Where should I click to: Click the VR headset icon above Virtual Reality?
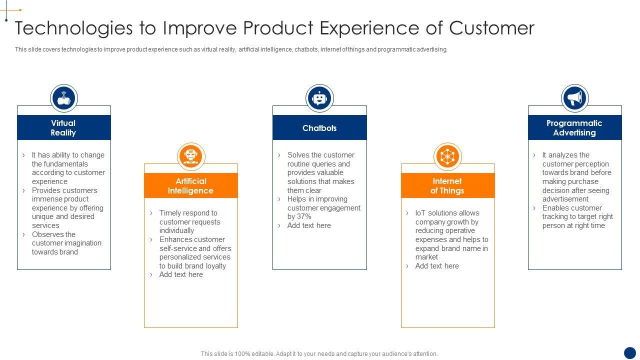point(64,98)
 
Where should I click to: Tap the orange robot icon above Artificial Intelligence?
point(191,156)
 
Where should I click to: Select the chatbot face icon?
point(319,98)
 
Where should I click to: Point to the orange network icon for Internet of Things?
point(447,156)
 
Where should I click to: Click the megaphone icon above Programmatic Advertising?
point(575,98)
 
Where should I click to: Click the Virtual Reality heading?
point(63,128)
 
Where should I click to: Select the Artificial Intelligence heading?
point(190,185)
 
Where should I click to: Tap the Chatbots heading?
point(319,128)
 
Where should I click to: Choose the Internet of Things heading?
point(447,185)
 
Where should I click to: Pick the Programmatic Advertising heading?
point(574,128)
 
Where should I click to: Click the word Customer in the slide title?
point(491,28)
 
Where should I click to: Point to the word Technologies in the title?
point(73,28)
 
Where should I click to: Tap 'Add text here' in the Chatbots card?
point(309,225)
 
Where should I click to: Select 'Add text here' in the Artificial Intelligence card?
point(181,274)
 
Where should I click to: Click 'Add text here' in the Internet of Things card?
point(437,266)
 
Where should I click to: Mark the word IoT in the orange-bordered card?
point(420,213)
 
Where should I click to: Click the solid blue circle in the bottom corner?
point(630,352)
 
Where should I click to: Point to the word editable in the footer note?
point(262,354)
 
